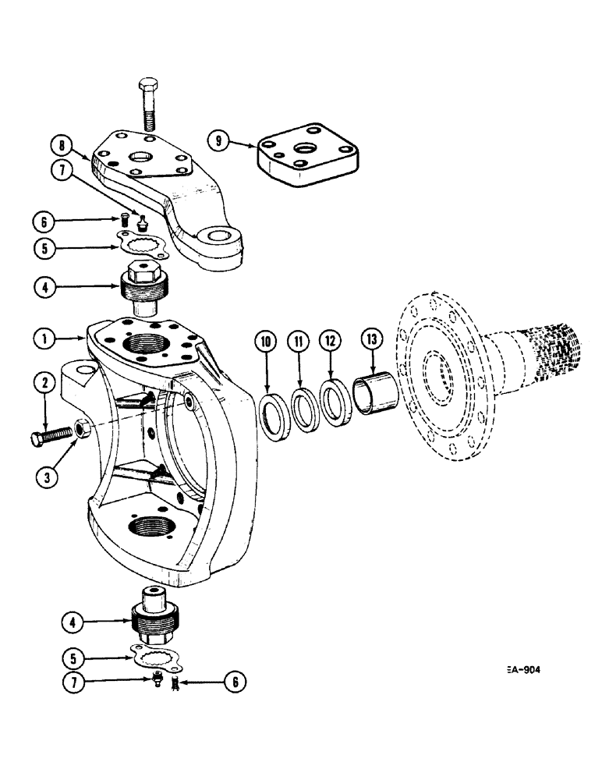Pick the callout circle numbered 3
click(45, 475)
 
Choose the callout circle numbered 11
click(298, 341)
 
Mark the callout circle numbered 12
click(331, 341)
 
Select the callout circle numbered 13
click(370, 341)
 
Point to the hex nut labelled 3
click(81, 427)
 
